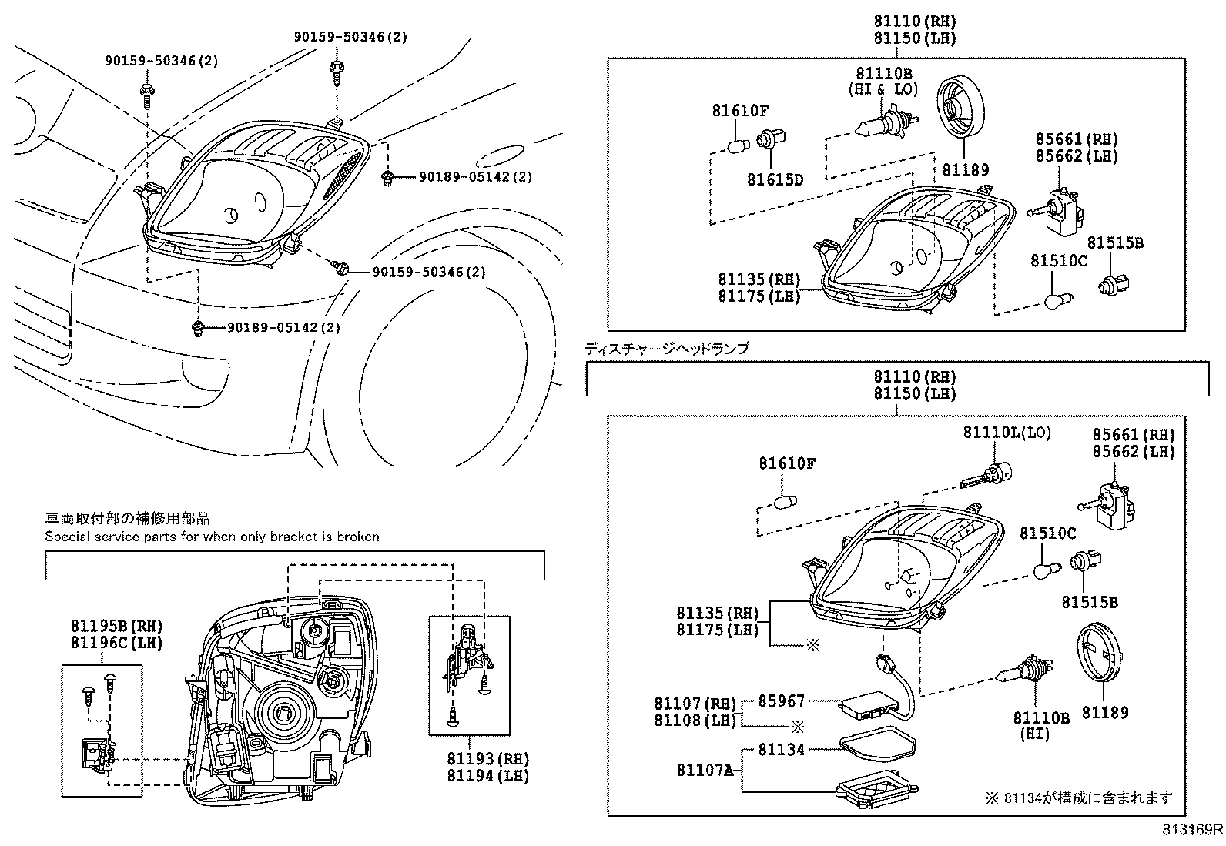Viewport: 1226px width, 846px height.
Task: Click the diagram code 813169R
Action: (x=1192, y=830)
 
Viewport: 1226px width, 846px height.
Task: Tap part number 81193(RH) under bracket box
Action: (x=488, y=759)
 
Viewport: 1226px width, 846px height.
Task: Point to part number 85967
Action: (x=782, y=701)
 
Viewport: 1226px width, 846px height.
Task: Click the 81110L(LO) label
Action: (x=1007, y=433)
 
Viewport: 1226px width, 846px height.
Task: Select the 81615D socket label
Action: (x=775, y=180)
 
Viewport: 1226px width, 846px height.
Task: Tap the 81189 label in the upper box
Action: (x=966, y=170)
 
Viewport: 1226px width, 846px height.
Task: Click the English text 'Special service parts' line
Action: (x=212, y=537)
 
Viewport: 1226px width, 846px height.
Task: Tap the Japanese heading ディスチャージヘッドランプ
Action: (x=667, y=349)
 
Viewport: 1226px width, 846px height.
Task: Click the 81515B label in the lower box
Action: (x=1090, y=602)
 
